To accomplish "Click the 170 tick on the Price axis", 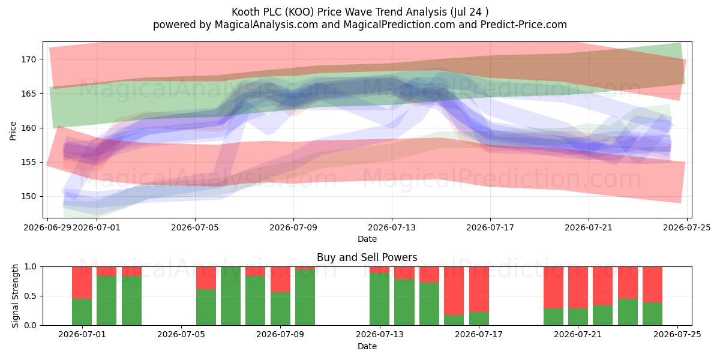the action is click(29, 59).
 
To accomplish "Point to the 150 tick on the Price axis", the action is click(29, 196).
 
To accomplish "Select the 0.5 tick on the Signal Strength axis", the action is click(31, 296).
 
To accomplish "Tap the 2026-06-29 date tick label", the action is click(47, 227).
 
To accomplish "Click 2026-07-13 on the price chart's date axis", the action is click(391, 227).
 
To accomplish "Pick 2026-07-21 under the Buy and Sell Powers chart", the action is click(578, 335).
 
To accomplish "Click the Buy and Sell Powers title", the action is click(367, 257).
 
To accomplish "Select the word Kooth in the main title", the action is click(246, 12).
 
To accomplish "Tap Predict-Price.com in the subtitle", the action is click(524, 25).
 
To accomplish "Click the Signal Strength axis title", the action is click(15, 296).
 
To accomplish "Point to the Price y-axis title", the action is click(13, 131).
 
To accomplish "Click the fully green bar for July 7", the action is click(231, 296).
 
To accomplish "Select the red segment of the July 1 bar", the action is click(82, 283).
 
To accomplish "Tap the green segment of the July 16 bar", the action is click(454, 320).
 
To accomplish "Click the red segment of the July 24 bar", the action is click(653, 284).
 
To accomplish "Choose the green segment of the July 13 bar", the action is click(379, 299).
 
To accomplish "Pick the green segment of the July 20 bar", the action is click(553, 317).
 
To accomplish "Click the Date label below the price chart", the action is click(367, 239).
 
